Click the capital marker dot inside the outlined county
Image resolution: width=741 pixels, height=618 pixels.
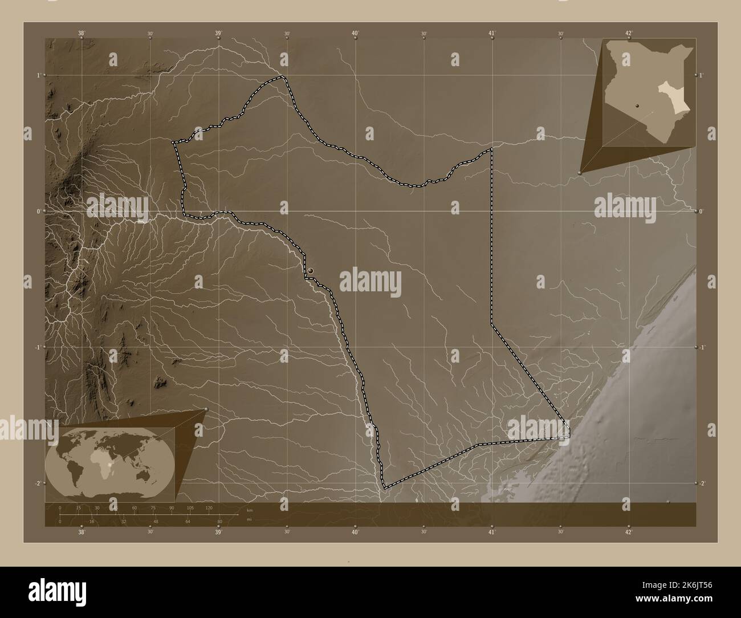(x=311, y=271)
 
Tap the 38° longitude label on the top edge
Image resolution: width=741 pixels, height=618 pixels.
(x=82, y=33)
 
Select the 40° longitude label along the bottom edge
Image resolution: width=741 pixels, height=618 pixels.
(x=355, y=532)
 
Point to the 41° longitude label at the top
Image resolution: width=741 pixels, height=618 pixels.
(x=492, y=33)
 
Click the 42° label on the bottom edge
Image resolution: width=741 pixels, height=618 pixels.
(x=629, y=532)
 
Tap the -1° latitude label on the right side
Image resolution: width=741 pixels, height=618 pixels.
(x=703, y=347)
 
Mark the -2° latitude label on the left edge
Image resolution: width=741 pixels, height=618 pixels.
(x=38, y=483)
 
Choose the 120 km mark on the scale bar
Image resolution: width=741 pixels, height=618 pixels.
(x=209, y=507)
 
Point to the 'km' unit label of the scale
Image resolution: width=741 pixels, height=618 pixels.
(x=249, y=509)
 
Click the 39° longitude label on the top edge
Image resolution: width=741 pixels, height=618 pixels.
(x=218, y=33)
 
